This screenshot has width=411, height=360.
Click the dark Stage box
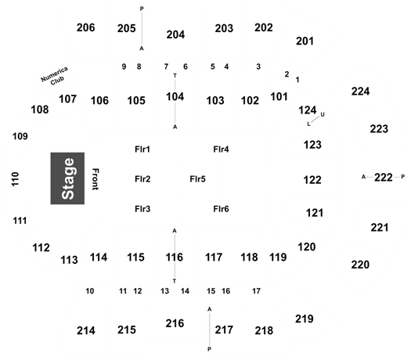[67, 178]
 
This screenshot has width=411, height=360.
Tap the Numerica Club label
[56, 76]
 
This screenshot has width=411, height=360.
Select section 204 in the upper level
[175, 34]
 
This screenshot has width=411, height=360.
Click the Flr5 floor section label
[197, 179]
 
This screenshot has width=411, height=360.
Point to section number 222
[384, 178]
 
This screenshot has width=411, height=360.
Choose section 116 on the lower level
[175, 257]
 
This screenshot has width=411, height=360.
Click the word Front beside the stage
[96, 179]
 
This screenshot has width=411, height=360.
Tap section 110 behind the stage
[15, 179]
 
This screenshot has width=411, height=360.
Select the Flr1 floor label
[142, 149]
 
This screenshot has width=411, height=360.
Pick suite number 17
[256, 291]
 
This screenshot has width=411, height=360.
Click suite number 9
[124, 67]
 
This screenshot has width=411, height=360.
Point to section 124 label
[308, 110]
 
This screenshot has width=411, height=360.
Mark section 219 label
[305, 319]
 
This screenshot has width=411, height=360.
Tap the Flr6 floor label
[221, 209]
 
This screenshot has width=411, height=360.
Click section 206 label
[85, 27]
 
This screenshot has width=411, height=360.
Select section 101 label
[279, 97]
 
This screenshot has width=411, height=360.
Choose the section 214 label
[86, 331]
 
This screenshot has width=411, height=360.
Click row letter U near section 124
[323, 114]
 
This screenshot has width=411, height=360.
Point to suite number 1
[297, 80]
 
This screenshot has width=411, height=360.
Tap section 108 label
[40, 110]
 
